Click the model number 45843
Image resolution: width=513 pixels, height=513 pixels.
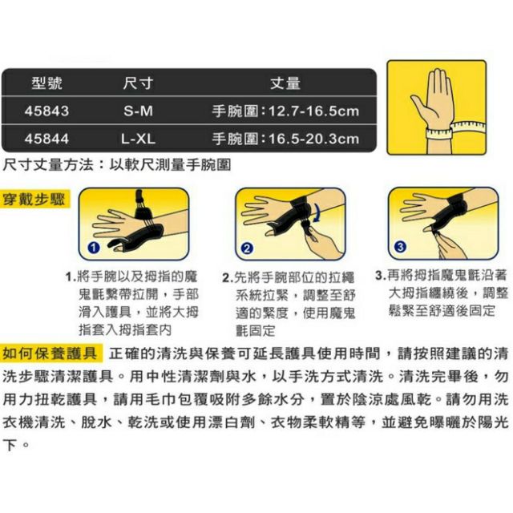[x=46, y=111]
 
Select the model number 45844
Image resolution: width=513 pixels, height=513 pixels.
[x=46, y=139]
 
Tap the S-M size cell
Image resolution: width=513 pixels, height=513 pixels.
[x=138, y=111]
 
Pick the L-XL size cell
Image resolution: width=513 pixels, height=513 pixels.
[x=138, y=139]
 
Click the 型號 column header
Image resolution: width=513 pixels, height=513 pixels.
[x=46, y=83]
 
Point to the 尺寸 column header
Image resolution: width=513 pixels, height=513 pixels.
[x=138, y=83]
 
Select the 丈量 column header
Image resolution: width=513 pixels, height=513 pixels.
[x=285, y=83]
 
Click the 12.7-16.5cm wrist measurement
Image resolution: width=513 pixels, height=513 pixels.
[x=313, y=111]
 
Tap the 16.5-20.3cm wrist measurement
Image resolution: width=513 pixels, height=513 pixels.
[x=313, y=139]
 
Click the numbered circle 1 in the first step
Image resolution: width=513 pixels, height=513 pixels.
[x=94, y=248]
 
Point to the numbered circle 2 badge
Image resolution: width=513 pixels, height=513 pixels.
[x=247, y=248]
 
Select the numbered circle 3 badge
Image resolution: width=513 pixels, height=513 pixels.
[x=400, y=246]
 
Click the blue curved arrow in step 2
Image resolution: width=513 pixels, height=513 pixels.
[x=317, y=213]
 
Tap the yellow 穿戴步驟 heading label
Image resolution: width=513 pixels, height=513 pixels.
[x=34, y=200]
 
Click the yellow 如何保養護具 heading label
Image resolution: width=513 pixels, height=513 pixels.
[x=50, y=353]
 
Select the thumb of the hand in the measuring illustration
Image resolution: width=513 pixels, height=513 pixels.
[x=419, y=105]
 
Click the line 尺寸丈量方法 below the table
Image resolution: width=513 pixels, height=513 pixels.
[x=116, y=164]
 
